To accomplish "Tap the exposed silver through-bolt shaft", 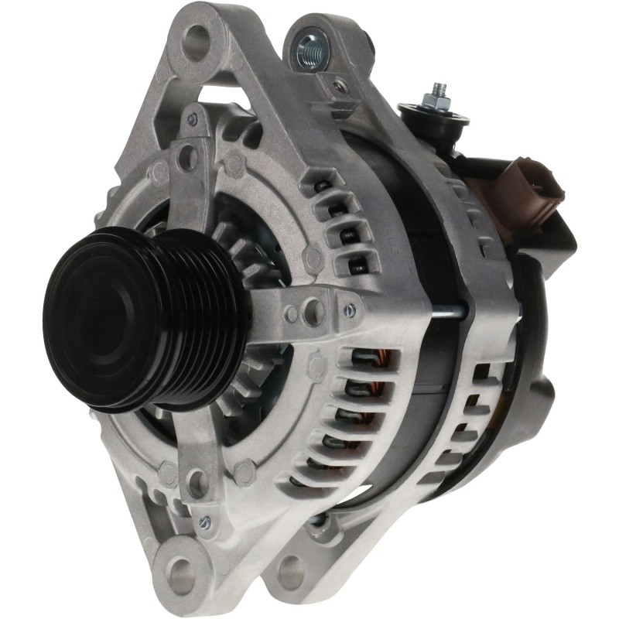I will click(449, 313).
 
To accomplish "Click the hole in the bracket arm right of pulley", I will click(314, 310).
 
